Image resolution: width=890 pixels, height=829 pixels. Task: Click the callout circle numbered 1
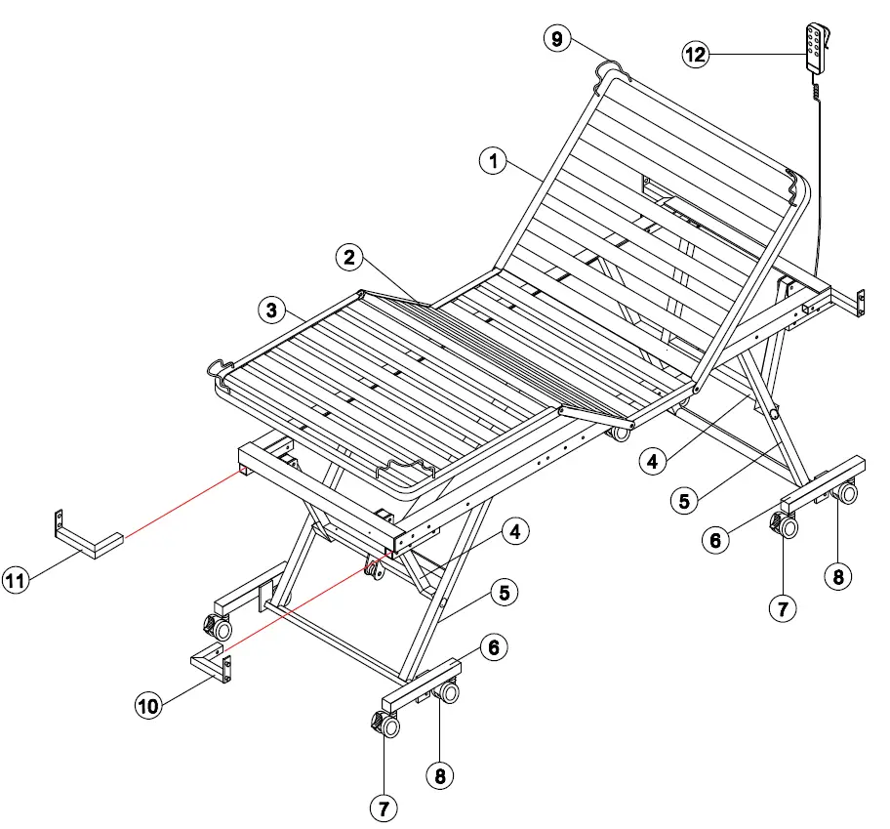[x=495, y=162]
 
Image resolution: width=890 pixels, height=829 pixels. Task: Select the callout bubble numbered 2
[x=350, y=258]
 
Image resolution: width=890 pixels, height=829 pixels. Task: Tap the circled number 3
[x=272, y=311]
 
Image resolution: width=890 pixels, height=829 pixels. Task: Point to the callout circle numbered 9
[x=557, y=39]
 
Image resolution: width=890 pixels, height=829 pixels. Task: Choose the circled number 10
[x=147, y=705]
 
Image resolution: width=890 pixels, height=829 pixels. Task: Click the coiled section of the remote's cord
[x=817, y=92]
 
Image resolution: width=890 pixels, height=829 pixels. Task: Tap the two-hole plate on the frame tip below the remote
[x=861, y=303]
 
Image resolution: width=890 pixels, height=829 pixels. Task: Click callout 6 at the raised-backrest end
[x=717, y=539]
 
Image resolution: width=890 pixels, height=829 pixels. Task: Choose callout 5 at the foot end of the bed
[x=504, y=591]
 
